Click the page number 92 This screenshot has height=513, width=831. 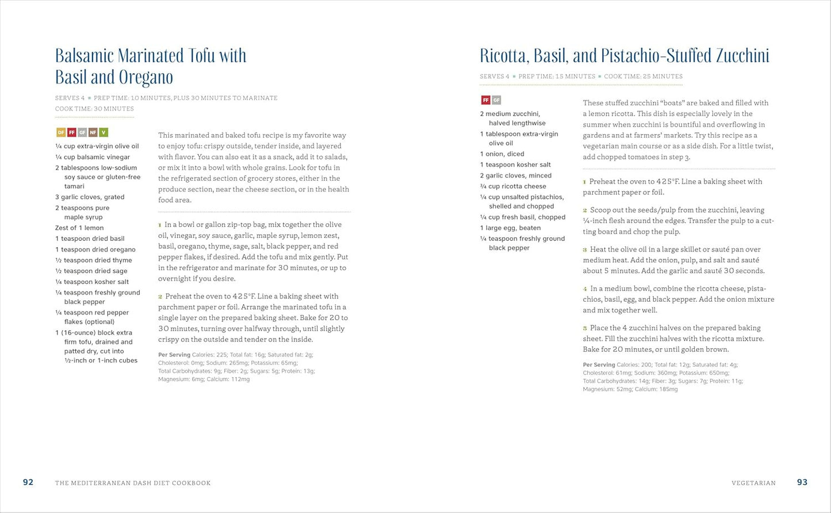click(28, 482)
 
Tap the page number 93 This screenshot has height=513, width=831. click(802, 482)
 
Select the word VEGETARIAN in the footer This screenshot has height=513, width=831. click(753, 483)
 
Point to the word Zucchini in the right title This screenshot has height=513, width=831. click(742, 56)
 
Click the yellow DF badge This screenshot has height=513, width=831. click(60, 132)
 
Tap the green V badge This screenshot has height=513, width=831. click(104, 132)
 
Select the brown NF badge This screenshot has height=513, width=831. click(93, 132)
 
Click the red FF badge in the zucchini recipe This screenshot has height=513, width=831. click(485, 100)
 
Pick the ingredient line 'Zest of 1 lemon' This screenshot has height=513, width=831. click(79, 228)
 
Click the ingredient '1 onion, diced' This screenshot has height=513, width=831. click(502, 154)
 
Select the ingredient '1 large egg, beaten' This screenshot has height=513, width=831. click(510, 228)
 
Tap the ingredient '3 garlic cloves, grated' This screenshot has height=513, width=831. click(90, 197)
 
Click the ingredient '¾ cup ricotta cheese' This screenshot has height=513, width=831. click(513, 186)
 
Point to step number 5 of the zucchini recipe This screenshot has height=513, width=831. click(585, 328)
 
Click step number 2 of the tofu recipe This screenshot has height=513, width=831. click(160, 297)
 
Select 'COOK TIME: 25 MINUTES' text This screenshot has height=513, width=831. click(643, 77)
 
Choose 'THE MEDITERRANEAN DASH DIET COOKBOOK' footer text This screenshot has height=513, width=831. click(133, 483)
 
